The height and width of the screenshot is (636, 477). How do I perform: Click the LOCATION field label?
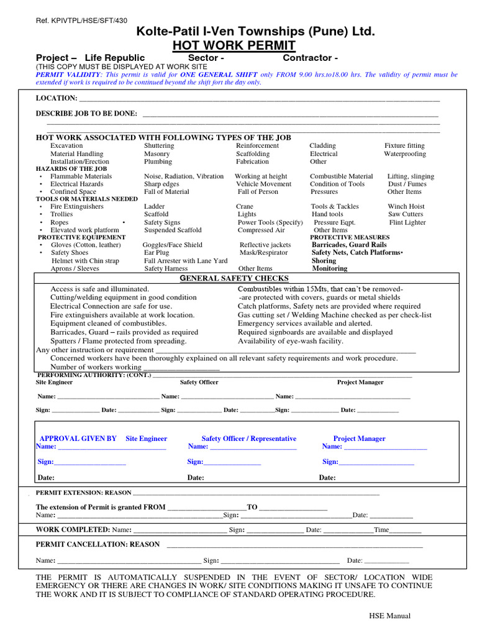pos(57,98)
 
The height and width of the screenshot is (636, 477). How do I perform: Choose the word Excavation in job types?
pos(66,145)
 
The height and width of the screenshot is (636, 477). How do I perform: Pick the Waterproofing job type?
pos(405,153)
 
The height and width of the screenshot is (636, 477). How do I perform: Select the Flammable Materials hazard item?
pos(81,176)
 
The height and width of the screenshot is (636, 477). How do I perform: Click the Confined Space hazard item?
pos(73,192)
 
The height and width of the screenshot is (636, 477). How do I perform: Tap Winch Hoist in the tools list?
pos(406,206)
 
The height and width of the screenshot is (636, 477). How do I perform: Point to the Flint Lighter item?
pos(407,222)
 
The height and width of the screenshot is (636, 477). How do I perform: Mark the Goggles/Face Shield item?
pos(173,245)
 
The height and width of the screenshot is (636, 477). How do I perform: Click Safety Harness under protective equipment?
pos(166,269)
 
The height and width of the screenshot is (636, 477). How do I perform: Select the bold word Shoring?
pos(324,261)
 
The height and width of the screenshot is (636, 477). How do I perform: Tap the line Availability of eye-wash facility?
pos(290,341)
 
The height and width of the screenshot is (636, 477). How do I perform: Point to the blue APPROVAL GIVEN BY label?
pos(78,438)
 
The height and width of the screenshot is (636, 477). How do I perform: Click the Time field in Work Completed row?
pos(381,530)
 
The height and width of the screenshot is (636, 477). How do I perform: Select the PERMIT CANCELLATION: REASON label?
pos(98,544)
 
